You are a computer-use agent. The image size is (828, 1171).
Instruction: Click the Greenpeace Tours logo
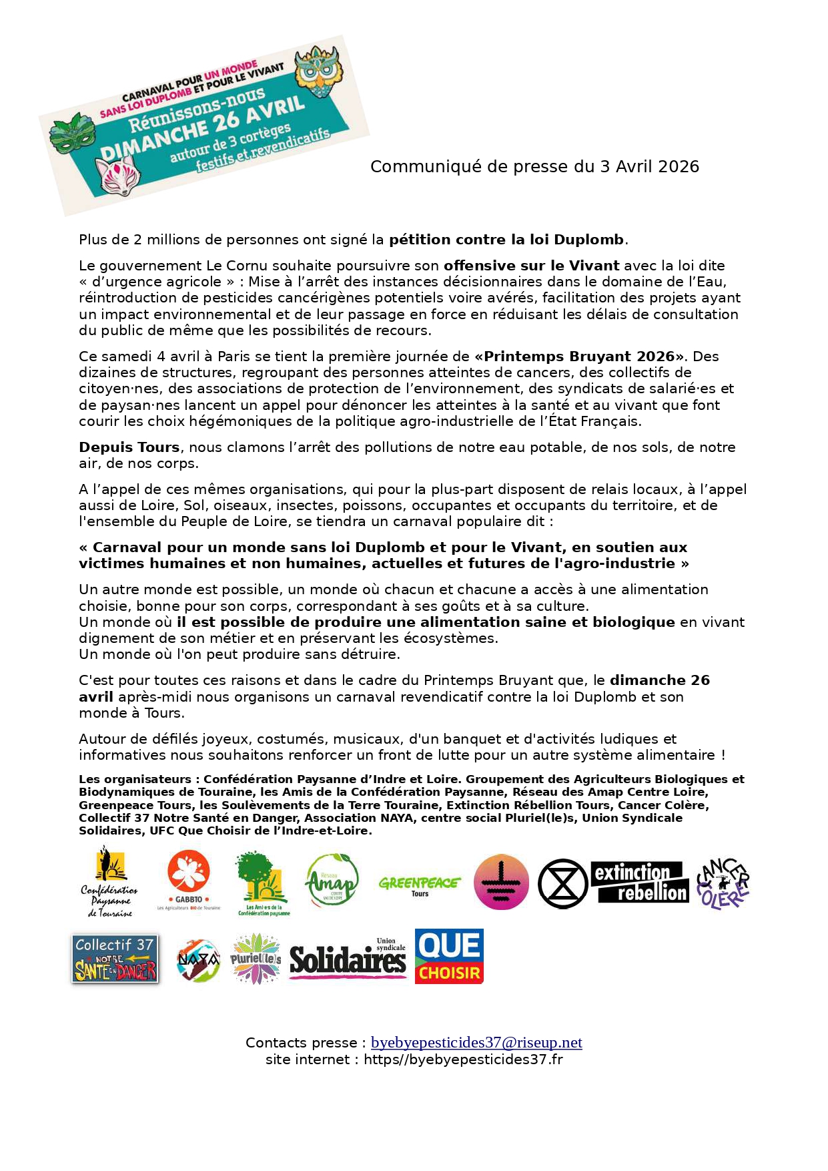point(419,885)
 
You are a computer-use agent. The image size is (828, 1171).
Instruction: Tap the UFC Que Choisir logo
point(449,956)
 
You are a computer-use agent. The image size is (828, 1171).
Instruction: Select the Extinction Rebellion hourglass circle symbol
point(562,883)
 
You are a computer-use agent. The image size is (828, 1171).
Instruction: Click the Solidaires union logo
point(348,959)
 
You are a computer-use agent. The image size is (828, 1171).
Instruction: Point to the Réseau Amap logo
point(332,881)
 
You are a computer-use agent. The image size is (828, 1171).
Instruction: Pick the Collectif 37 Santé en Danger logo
point(115,959)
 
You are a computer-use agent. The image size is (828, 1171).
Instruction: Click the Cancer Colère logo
point(723,883)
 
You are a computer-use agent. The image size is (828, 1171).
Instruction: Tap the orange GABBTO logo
point(189,879)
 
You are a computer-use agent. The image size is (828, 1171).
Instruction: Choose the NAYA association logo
point(198,960)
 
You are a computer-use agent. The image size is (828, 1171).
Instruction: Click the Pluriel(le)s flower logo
point(256,959)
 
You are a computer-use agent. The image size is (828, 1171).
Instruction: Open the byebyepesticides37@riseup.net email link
point(476,1042)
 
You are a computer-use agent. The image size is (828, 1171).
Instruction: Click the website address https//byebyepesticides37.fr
point(463,1059)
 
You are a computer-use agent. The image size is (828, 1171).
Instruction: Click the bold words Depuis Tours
point(129,447)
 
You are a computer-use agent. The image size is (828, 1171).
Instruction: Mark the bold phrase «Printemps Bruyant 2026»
point(579,357)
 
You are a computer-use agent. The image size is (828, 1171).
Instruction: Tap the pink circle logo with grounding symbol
point(501,883)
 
